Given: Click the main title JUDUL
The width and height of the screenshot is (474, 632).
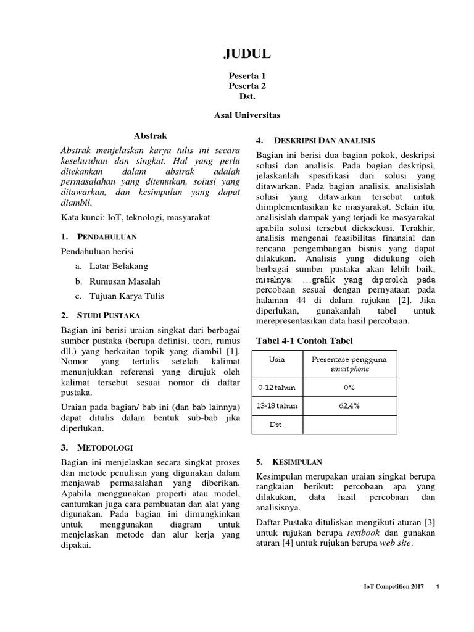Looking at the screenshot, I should click(x=246, y=56).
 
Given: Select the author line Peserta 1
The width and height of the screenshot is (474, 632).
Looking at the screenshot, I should click(x=246, y=75).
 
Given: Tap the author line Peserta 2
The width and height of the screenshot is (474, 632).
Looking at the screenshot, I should click(x=246, y=86).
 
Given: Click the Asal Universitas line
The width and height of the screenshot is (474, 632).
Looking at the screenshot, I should click(x=246, y=115).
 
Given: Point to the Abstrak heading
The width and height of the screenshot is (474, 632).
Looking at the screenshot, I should click(x=151, y=135).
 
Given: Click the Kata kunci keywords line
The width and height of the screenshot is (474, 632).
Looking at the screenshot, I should click(x=135, y=217).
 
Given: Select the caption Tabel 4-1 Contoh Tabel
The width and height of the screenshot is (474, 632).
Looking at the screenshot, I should click(x=304, y=340).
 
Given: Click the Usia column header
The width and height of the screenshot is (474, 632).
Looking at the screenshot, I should click(x=277, y=359).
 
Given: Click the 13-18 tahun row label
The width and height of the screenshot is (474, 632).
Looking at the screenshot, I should click(x=277, y=406).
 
